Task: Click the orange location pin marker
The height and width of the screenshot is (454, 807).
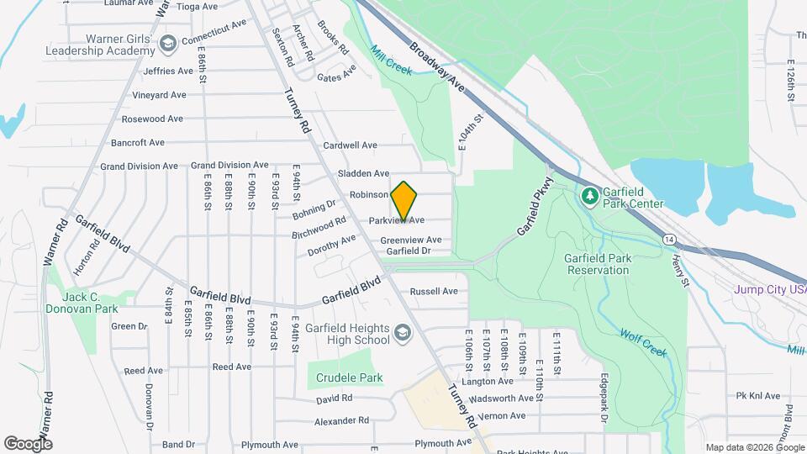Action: pyautogui.click(x=404, y=200)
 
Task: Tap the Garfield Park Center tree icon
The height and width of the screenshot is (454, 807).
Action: pyautogui.click(x=590, y=196)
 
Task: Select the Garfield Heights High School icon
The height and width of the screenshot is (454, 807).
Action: pyautogui.click(x=403, y=335)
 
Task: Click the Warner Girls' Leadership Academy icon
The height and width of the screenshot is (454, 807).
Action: pyautogui.click(x=168, y=43)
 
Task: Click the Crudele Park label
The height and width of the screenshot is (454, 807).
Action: pyautogui.click(x=350, y=377)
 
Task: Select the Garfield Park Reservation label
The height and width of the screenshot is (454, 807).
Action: pyautogui.click(x=597, y=264)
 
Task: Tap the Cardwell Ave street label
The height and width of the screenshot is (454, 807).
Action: pyautogui.click(x=350, y=145)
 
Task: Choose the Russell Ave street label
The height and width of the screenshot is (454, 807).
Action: pyautogui.click(x=434, y=292)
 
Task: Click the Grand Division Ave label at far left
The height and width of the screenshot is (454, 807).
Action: pyautogui.click(x=139, y=166)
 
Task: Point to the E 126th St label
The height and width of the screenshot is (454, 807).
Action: pyautogui.click(x=790, y=81)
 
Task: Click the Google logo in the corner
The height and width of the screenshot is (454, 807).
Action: pyautogui.click(x=29, y=443)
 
